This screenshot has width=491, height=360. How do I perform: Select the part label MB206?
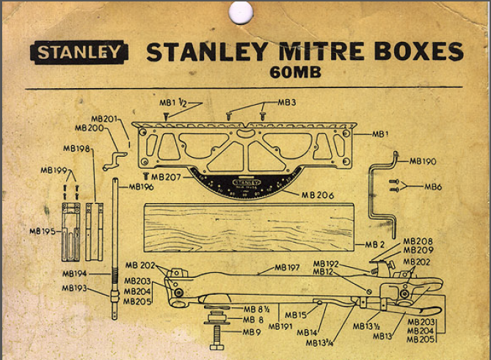point(318,194)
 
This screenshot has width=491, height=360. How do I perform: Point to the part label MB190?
point(422,160)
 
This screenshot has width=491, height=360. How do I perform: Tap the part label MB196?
point(142,186)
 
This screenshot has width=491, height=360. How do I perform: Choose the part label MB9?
point(251,331)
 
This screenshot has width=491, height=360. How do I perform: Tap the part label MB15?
point(296,315)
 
